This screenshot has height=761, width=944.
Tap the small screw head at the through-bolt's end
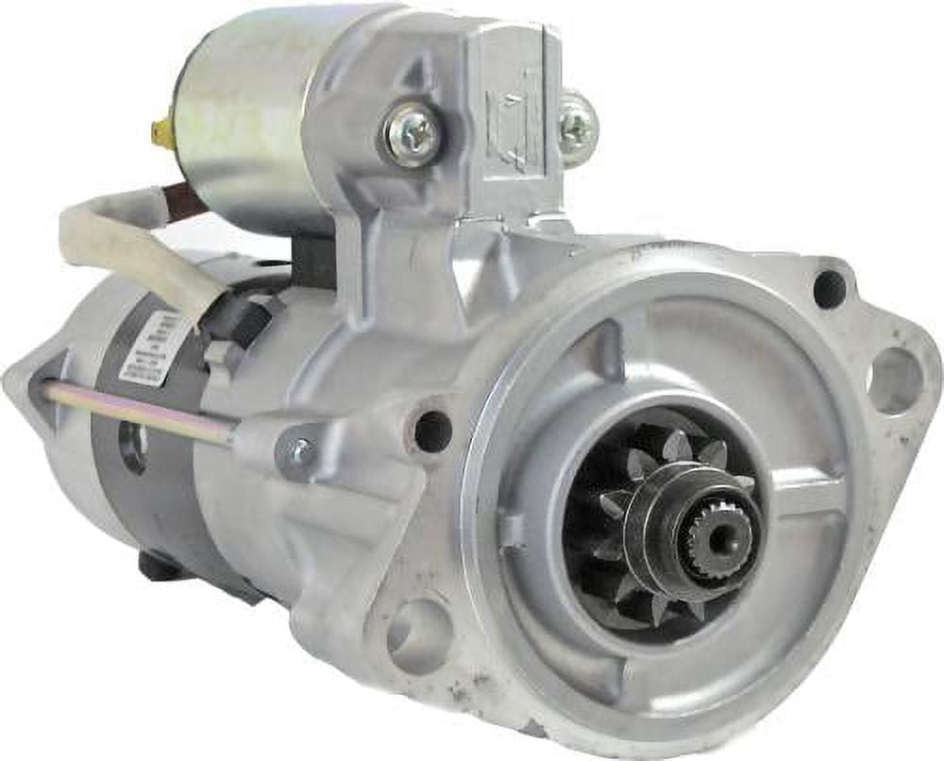point(300,454)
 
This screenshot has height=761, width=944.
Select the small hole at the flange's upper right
point(829,289)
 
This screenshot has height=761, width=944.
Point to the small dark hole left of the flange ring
point(432,431)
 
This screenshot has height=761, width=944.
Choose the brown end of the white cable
point(185,200)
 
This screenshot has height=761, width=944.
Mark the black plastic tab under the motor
point(157,566)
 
